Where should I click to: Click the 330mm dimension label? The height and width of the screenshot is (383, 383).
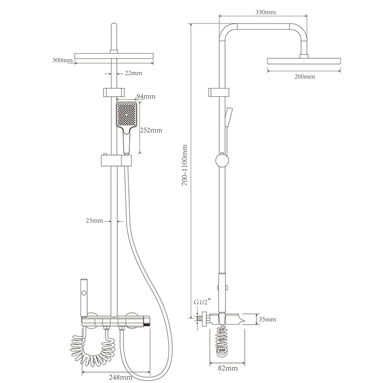click(266, 12)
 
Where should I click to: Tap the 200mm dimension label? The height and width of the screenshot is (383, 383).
click(304, 77)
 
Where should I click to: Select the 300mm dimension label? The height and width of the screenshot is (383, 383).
click(62, 60)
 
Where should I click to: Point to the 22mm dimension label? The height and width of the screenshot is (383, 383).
click(134, 73)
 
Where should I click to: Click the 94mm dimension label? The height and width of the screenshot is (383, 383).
click(146, 97)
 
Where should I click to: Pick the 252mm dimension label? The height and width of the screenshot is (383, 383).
click(151, 130)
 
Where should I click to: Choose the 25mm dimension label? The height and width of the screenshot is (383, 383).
click(94, 221)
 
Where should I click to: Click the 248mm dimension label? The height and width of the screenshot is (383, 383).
click(121, 377)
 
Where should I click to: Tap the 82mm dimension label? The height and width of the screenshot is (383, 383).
click(228, 368)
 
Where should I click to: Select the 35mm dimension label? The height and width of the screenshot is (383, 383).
click(267, 319)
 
